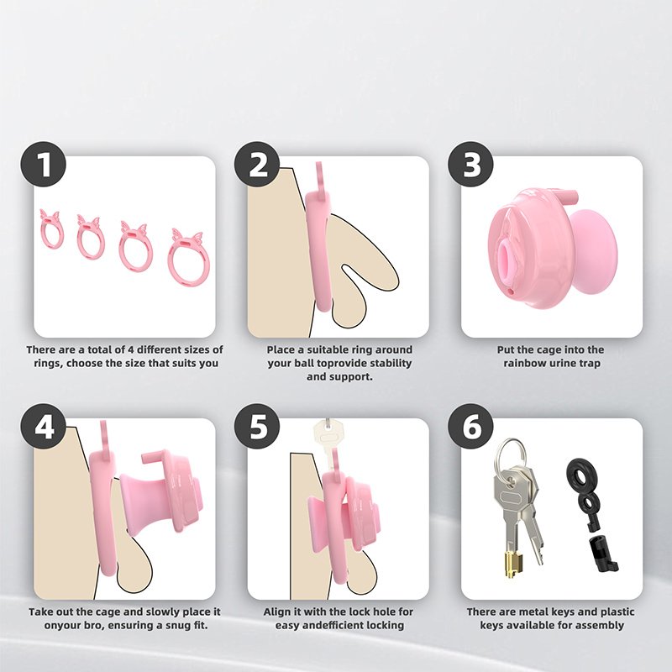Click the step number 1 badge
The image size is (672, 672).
click(x=44, y=164)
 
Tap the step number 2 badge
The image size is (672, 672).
click(x=257, y=164)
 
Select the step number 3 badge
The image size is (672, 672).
click(x=470, y=164)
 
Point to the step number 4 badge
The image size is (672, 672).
click(x=44, y=427)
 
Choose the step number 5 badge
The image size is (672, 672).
click(x=257, y=427)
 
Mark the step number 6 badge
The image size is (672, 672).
click(x=470, y=427)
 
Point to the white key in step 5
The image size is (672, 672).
click(x=328, y=442)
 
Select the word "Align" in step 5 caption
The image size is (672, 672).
click(x=278, y=612)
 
